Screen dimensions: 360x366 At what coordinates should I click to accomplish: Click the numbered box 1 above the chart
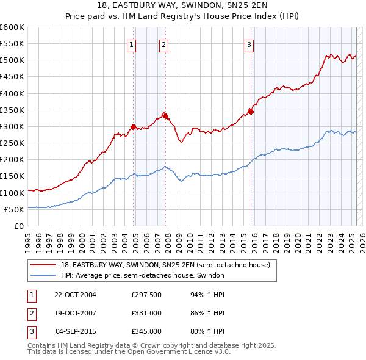(x=132, y=44)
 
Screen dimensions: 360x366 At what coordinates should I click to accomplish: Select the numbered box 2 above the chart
(x=164, y=44)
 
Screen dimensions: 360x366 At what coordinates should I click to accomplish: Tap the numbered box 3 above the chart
(x=249, y=44)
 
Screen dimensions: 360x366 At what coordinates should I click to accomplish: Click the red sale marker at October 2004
(x=133, y=127)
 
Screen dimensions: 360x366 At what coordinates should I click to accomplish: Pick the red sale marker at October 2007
(x=165, y=116)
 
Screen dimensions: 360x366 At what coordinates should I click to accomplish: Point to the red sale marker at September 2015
(x=251, y=112)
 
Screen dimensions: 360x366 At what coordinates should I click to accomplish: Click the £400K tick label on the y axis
(x=12, y=93)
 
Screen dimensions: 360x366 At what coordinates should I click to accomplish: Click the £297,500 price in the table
(x=146, y=294)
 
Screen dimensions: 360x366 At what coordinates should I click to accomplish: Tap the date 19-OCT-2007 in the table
(x=75, y=313)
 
